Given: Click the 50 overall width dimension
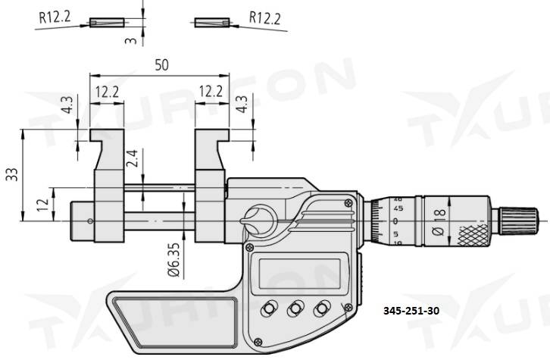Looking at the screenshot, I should pyautogui.click(x=160, y=65).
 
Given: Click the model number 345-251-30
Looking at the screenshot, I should pyautogui.click(x=416, y=311).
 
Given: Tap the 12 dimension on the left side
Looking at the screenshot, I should pyautogui.click(x=44, y=203).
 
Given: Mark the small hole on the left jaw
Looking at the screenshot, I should pyautogui.click(x=90, y=221).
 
